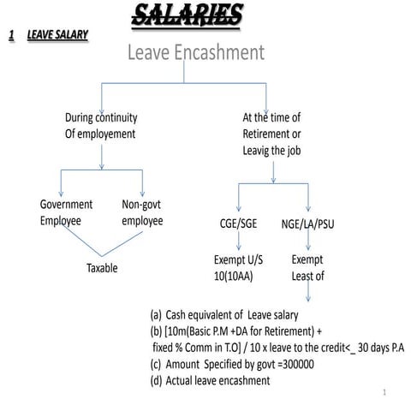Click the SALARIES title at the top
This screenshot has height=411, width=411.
coord(187,15)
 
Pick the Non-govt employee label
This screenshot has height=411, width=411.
coord(142,212)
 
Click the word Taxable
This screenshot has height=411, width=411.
coord(102,268)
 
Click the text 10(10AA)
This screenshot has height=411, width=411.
coord(233,276)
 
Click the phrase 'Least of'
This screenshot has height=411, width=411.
coord(308,276)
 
